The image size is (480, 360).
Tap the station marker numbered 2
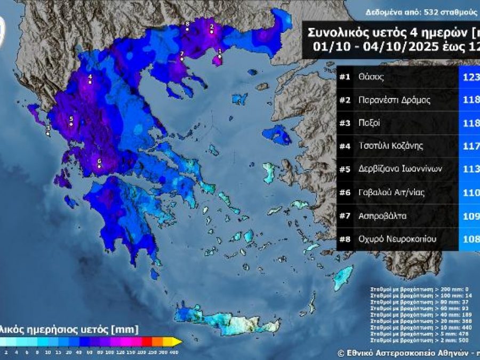tap(212, 32)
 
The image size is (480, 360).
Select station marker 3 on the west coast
tap(48, 133)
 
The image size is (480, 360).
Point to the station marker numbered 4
tap(90, 83)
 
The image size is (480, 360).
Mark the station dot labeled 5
tap(71, 124)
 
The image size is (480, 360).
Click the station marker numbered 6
tap(99, 166)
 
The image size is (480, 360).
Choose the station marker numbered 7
tap(182, 59)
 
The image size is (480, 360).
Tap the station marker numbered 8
tap(187, 29)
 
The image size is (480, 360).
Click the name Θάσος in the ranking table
tap(371, 77)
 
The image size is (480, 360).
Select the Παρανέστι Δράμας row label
tap(387, 100)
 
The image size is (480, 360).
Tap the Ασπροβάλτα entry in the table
tap(382, 216)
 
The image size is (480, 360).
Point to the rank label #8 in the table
tap(345, 239)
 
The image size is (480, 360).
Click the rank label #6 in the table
tap(345, 193)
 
